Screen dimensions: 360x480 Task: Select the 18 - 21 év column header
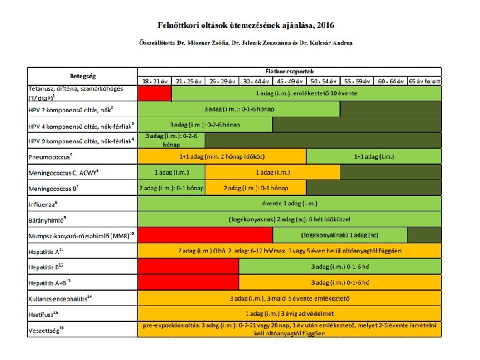[x=154, y=80]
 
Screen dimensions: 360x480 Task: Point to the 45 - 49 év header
[x=290, y=80]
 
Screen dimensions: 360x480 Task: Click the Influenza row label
[x=43, y=204]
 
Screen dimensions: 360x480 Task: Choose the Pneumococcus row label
[x=49, y=157]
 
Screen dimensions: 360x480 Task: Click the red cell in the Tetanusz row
[x=154, y=93]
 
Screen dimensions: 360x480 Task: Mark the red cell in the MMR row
[x=205, y=235]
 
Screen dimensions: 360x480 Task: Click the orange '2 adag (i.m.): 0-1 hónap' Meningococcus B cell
[x=255, y=187]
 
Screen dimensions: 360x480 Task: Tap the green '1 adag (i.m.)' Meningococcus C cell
[x=171, y=172]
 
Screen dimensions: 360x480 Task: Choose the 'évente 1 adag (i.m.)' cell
[x=289, y=203]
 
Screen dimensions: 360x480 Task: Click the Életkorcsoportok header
[x=289, y=70]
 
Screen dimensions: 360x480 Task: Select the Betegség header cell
[x=81, y=75]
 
